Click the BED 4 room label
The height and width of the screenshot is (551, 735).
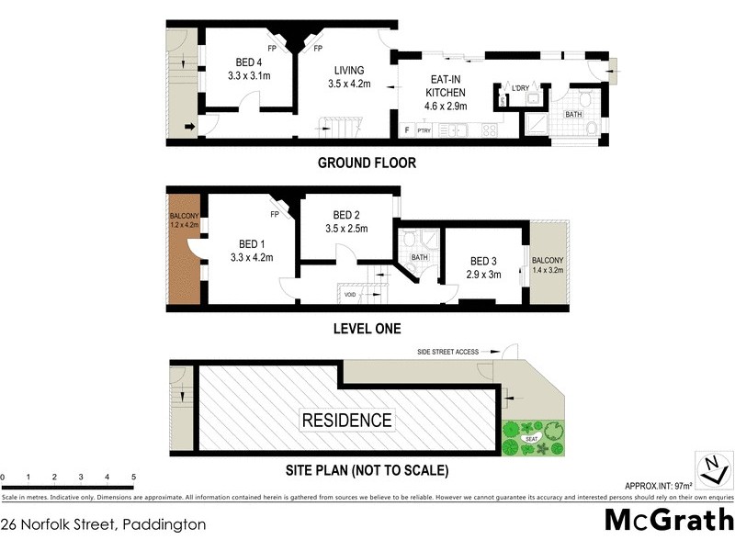pos(249,63)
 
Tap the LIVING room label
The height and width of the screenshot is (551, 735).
pos(348,70)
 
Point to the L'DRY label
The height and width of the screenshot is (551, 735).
pos(520,88)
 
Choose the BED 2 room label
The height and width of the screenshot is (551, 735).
pos(346,215)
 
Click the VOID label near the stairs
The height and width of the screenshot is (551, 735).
pos(350,294)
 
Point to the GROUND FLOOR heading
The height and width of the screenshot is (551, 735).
pos(367,163)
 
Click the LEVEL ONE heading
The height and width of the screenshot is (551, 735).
pos(367,328)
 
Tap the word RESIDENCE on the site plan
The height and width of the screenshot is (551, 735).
pos(347,421)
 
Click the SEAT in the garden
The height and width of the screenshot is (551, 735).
pos(531,439)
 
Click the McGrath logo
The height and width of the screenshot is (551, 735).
pos(668,520)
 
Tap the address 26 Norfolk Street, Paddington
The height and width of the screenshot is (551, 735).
pos(103,525)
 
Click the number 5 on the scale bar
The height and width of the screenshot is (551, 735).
pos(134,478)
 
